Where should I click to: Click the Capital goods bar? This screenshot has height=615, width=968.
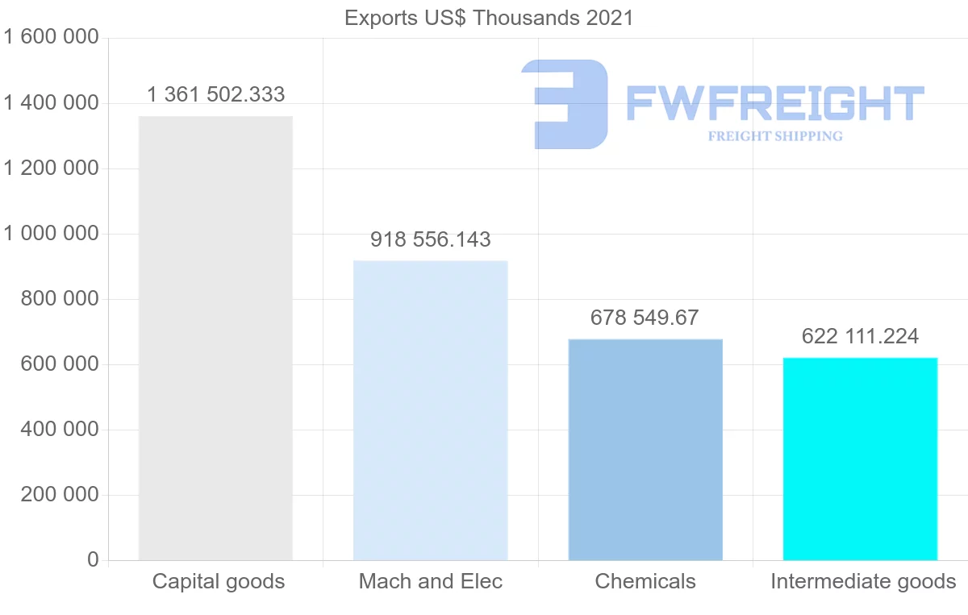coord(215,339)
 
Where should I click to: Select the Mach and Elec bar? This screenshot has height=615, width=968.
coord(431,410)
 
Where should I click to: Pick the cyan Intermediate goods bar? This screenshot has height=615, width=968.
coord(860,459)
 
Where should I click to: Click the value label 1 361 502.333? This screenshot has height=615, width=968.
coord(215,95)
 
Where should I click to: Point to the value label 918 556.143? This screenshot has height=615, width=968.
coord(431,239)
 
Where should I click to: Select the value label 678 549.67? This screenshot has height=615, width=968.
coord(645,318)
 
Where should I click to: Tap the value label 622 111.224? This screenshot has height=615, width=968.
coord(860,336)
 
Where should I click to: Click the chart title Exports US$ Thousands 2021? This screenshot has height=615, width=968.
coord(489,18)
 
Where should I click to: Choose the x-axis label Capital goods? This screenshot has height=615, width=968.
coord(219,581)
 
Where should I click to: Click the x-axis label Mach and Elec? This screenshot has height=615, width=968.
coord(431,581)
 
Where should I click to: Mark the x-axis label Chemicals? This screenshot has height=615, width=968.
coord(645,581)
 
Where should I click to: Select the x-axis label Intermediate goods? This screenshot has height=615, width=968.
coord(863,581)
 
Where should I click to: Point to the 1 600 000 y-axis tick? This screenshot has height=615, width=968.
coord(51,38)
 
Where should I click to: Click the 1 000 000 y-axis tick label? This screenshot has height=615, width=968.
coord(51,234)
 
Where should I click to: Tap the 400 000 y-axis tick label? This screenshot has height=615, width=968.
coord(59,430)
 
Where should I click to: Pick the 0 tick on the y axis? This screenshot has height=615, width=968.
coord(93,560)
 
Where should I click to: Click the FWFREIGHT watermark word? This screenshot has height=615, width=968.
coord(774,103)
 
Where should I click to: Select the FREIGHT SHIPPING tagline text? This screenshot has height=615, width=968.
coord(775,136)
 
